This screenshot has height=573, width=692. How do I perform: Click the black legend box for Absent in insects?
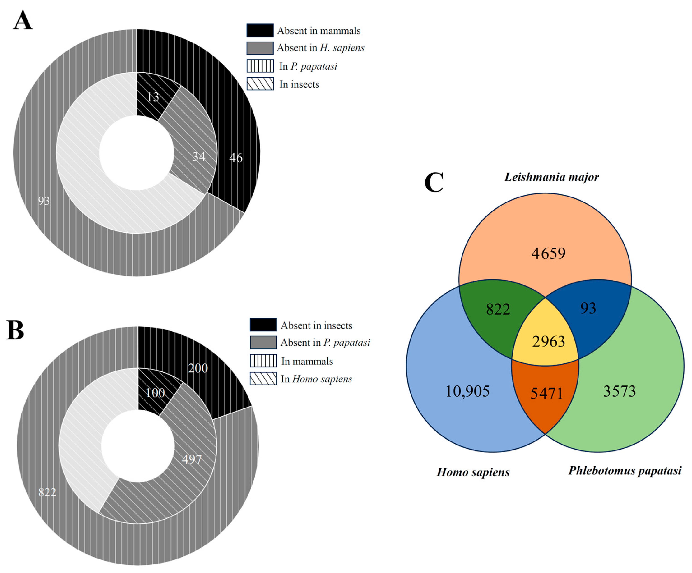pos(263,325)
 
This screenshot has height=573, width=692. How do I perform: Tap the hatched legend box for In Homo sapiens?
pos(263,379)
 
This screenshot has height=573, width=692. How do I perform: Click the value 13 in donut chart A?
pos(153,97)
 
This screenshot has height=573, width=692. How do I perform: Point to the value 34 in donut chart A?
pos(199,157)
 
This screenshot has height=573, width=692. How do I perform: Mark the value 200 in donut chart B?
pos(198,368)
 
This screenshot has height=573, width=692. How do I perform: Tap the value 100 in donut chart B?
pos(155,392)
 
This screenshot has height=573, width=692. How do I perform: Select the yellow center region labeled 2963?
pos(548,341)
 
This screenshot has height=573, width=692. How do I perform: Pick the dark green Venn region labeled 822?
pos(498,309)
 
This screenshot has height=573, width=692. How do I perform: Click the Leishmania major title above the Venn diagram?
pos(552,177)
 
